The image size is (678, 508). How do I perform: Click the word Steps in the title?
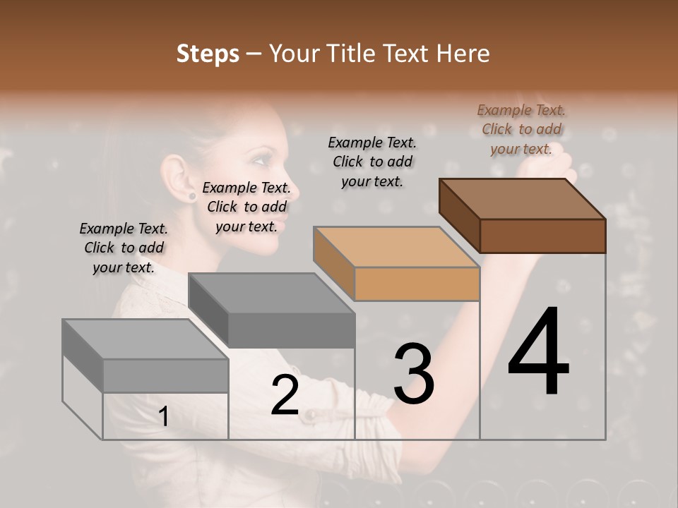tap(208, 54)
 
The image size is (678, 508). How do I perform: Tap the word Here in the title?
tap(463, 54)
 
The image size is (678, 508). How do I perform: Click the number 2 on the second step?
tap(285, 395)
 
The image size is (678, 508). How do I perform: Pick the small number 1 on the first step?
tap(163, 417)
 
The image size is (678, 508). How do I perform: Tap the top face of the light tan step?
tap(395, 247)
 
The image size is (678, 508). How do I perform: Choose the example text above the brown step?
tap(521, 129)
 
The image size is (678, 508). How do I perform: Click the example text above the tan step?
tap(372, 162)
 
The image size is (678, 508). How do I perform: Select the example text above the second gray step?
tap(246, 207)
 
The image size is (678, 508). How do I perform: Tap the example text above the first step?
tap(124, 248)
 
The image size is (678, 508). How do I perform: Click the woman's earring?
tap(191, 195)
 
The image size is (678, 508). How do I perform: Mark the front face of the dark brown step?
tap(542, 236)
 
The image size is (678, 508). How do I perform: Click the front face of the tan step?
tap(417, 284)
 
